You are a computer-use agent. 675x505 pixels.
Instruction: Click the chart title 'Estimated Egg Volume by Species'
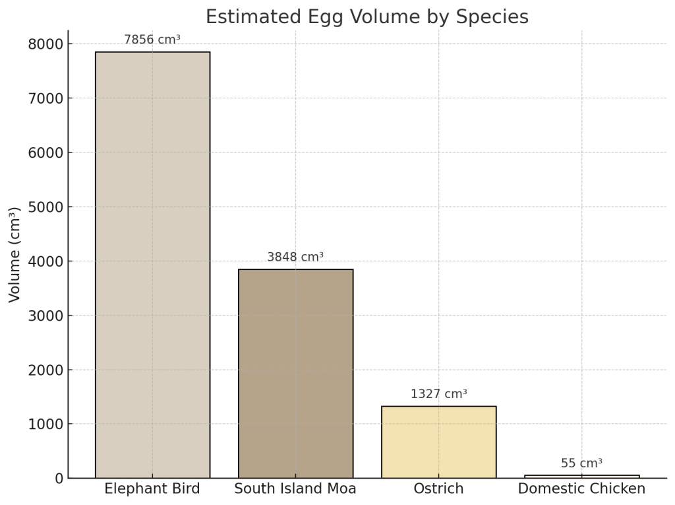click(367, 17)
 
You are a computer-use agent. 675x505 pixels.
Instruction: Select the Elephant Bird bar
click(152, 264)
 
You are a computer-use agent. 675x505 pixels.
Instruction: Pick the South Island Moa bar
click(295, 373)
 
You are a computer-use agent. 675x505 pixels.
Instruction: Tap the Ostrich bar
click(438, 442)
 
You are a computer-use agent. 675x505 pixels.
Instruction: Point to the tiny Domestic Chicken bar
click(581, 476)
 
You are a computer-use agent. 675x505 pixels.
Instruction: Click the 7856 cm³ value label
click(152, 40)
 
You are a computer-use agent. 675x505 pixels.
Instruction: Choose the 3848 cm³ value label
click(295, 257)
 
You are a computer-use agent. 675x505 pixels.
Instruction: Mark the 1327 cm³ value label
click(438, 394)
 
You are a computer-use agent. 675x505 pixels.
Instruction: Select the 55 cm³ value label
click(581, 463)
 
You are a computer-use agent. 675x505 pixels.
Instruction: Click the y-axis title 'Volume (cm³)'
click(15, 254)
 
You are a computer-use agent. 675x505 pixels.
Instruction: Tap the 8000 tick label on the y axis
click(45, 44)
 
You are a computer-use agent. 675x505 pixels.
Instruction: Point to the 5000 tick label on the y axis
click(45, 207)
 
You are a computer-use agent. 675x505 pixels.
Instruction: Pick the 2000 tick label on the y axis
click(45, 370)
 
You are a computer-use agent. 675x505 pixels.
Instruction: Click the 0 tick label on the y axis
click(58, 478)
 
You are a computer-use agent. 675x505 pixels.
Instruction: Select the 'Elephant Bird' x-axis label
click(152, 489)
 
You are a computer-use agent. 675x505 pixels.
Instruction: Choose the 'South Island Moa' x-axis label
click(295, 489)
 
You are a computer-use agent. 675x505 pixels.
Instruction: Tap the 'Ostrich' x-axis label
click(438, 489)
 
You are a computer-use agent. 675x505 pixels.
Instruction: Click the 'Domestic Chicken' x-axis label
click(581, 489)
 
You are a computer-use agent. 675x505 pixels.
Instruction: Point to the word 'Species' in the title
click(496, 17)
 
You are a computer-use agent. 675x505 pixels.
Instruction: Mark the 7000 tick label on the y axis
click(45, 98)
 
